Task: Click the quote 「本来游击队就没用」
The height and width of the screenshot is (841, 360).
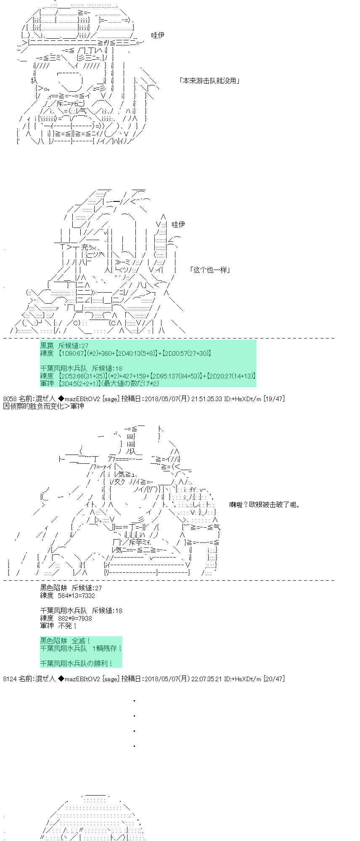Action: coord(209,81)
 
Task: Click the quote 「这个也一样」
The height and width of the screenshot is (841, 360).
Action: coord(209,270)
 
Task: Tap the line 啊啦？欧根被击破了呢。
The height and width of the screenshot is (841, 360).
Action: coord(265,505)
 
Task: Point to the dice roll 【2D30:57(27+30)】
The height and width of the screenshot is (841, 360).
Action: coord(186,354)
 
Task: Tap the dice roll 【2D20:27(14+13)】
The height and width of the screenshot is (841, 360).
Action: coord(230,376)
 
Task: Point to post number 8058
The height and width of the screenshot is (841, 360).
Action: coord(10,399)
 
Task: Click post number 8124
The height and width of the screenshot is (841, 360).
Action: coord(10,679)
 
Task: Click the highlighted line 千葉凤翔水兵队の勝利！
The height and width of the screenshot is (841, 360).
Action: coord(76,664)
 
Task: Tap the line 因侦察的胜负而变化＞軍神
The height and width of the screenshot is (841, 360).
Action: coord(43,406)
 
